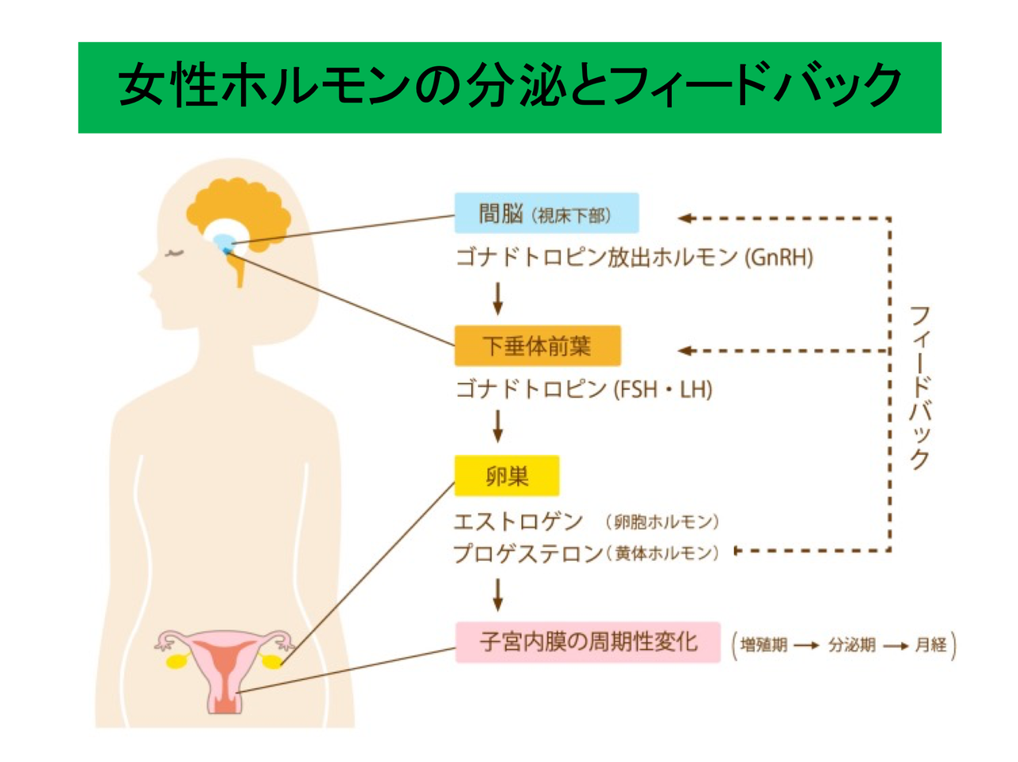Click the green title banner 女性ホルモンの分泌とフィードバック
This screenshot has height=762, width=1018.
(x=509, y=87)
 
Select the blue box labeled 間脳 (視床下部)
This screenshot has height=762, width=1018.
(x=546, y=213)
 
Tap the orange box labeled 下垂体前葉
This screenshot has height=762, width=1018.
(x=537, y=346)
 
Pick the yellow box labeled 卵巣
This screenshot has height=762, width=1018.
(x=507, y=476)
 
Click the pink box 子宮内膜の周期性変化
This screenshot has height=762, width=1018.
(x=588, y=642)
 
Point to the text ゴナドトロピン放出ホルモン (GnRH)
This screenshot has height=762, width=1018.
(x=634, y=258)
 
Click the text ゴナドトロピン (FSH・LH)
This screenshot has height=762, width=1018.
(x=583, y=390)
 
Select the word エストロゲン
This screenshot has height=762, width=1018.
(x=518, y=522)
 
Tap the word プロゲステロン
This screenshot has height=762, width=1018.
(x=528, y=553)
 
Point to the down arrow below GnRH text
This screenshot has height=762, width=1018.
(x=498, y=299)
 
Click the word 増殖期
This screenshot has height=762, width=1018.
(x=763, y=645)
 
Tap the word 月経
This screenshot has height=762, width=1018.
(x=931, y=645)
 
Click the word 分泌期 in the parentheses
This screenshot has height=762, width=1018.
(x=852, y=645)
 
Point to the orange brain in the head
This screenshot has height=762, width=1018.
(x=239, y=211)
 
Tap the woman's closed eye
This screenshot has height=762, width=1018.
(x=173, y=255)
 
